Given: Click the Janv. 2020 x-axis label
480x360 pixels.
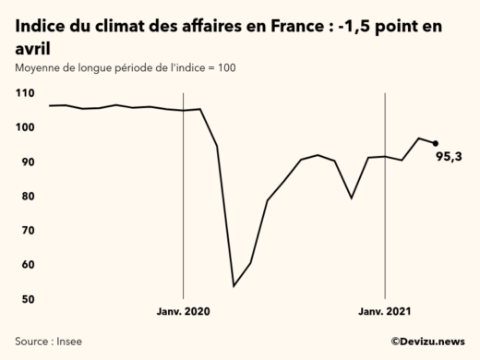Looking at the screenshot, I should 183,312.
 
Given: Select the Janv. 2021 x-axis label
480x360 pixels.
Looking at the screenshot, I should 384,312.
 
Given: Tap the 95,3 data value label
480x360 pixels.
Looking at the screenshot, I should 449,156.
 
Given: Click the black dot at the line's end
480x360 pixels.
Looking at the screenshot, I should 436,143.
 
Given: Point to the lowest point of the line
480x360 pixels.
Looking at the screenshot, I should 234,285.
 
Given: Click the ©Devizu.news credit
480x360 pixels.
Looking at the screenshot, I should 427,341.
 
